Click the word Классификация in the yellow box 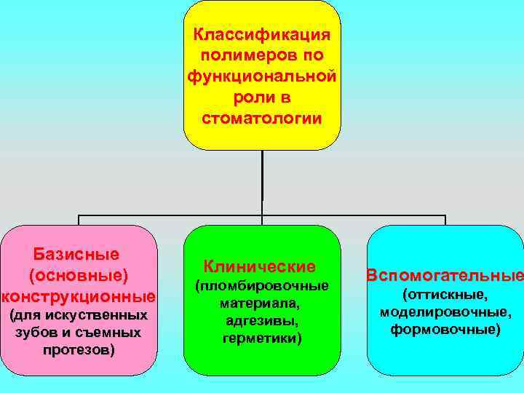(x=262, y=35)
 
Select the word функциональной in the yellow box (x=262, y=76)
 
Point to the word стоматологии (x=262, y=118)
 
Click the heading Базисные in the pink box (x=77, y=254)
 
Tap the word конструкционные (x=79, y=297)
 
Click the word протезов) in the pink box (x=78, y=350)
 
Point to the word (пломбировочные (x=262, y=285)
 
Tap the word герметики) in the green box (x=262, y=338)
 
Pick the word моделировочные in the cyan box (x=444, y=312)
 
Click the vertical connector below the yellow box (x=262, y=182)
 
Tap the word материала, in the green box (x=261, y=303)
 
